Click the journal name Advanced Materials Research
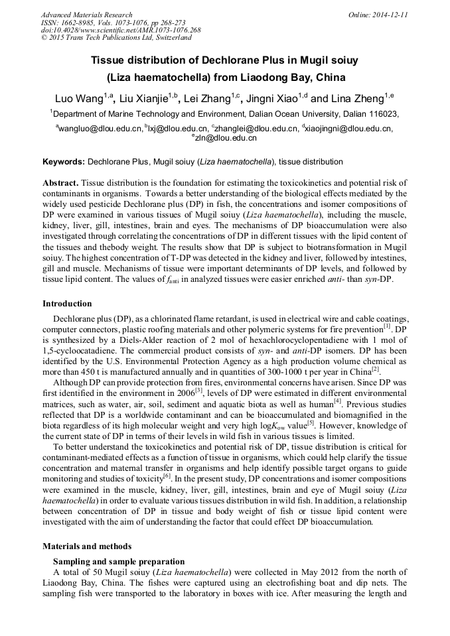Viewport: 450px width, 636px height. point(86,15)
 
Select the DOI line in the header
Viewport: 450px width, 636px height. point(121,31)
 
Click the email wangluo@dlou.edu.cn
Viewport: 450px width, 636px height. point(101,128)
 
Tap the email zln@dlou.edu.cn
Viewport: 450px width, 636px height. point(226,138)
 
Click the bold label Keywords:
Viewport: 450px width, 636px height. point(64,161)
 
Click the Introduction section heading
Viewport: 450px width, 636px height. point(67,304)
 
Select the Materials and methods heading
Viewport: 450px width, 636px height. point(87,546)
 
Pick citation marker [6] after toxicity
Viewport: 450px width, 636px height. point(167,476)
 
